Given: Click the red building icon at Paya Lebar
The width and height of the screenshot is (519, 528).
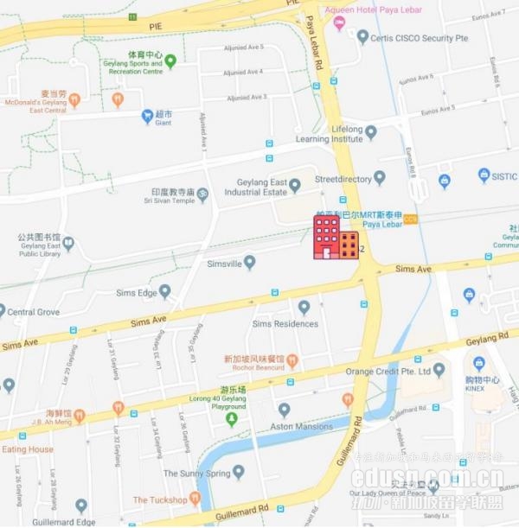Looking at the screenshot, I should [x=327, y=237].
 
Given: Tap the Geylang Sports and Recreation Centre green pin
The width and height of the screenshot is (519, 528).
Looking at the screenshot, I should [x=170, y=60].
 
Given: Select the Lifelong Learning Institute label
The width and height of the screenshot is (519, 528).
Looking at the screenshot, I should [x=330, y=134].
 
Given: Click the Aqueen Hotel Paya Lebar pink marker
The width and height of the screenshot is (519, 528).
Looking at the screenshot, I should [x=338, y=22].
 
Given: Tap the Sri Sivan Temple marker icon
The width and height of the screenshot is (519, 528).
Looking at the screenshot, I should [x=202, y=194].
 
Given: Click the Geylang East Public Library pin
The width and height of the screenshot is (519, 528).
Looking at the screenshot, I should [x=68, y=244].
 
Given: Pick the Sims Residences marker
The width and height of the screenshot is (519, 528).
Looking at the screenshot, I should [x=304, y=307].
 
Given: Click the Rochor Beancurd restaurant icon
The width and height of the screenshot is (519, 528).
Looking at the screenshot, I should [x=292, y=359].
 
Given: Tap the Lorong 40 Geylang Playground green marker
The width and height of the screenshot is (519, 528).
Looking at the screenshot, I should [x=231, y=419].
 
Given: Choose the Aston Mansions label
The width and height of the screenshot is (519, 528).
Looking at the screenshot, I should [x=301, y=427].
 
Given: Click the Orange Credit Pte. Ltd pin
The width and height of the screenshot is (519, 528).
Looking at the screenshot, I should [x=439, y=370].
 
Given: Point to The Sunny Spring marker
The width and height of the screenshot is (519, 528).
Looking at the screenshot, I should [x=238, y=472].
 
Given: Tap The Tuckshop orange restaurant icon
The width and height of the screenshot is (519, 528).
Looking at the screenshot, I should [x=195, y=499].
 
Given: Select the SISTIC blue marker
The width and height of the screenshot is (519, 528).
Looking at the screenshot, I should [x=484, y=175].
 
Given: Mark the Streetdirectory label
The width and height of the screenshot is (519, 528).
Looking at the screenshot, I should [x=343, y=179].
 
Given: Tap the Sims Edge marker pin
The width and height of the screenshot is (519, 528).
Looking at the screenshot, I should [x=164, y=292].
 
